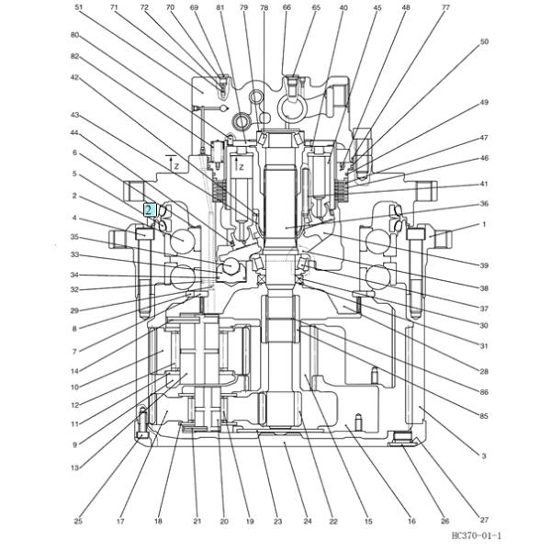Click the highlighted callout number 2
click(149, 209)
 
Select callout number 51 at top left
click(79, 7)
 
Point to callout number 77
click(446, 7)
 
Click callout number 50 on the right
click(484, 41)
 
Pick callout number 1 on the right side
click(484, 224)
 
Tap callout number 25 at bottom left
click(78, 521)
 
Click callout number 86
click(484, 392)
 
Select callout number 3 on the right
click(484, 455)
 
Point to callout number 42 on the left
click(74, 78)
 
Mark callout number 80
click(74, 35)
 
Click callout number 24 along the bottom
click(308, 521)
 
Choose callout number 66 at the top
click(287, 7)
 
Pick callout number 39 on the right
click(484, 264)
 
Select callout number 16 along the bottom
click(412, 521)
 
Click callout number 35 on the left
click(74, 237)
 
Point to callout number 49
click(484, 102)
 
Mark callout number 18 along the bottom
click(158, 521)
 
